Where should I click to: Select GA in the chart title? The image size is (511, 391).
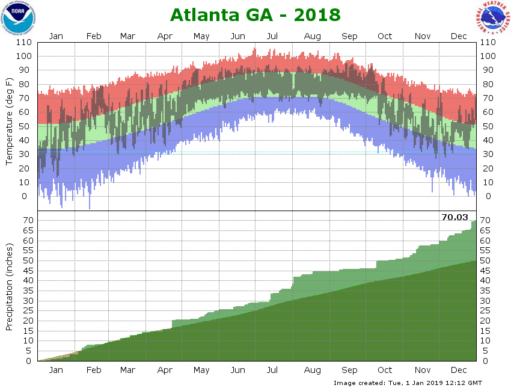pyautogui.click(x=262, y=15)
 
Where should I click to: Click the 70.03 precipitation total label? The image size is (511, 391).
pyautogui.click(x=455, y=217)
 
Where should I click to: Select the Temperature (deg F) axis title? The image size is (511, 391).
pyautogui.click(x=10, y=120)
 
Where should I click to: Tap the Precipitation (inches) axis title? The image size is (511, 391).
pyautogui.click(x=10, y=287)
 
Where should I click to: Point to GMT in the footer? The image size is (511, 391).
pyautogui.click(x=473, y=383)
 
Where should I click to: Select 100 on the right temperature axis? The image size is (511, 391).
pyautogui.click(x=488, y=56)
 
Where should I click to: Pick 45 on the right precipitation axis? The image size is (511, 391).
pyautogui.click(x=485, y=270)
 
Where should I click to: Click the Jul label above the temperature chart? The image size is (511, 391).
pyautogui.click(x=272, y=36)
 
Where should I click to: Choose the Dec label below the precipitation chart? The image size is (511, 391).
pyautogui.click(x=459, y=369)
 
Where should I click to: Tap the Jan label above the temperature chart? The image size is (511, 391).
pyautogui.click(x=56, y=36)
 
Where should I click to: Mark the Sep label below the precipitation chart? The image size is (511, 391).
pyautogui.click(x=349, y=369)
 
